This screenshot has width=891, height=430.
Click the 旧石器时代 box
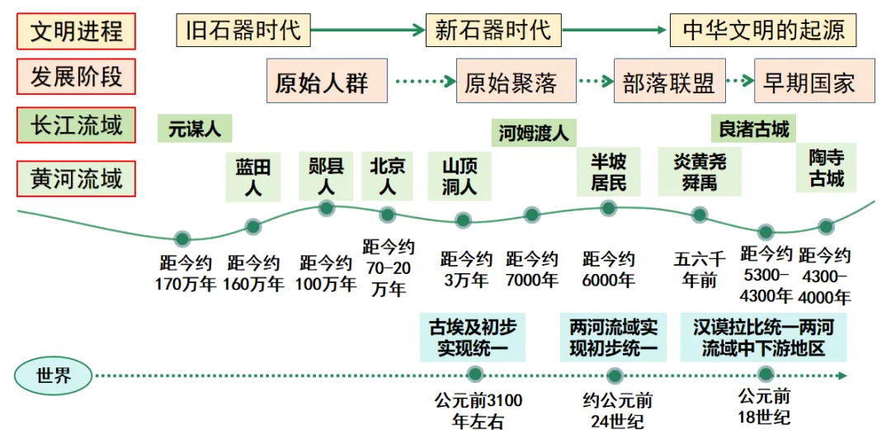click(243, 31)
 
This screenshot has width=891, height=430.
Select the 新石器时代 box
click(493, 31)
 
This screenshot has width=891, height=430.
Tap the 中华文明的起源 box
click(763, 31)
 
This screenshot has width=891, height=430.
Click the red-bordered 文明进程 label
click(76, 31)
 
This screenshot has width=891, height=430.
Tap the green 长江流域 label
click(76, 125)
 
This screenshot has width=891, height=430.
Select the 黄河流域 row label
click(76, 178)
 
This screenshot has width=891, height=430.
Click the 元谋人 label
click(195, 129)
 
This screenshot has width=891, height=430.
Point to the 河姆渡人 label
click(535, 131)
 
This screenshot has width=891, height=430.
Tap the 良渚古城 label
click(754, 129)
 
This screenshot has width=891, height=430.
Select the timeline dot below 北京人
click(388, 215)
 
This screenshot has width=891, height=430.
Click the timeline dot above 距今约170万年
click(182, 239)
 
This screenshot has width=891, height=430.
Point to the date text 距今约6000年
click(608, 270)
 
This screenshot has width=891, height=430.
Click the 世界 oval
click(54, 376)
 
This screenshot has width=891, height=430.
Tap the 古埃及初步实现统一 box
click(473, 337)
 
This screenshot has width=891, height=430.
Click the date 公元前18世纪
click(764, 406)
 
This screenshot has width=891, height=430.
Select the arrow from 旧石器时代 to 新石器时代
click(368, 31)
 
